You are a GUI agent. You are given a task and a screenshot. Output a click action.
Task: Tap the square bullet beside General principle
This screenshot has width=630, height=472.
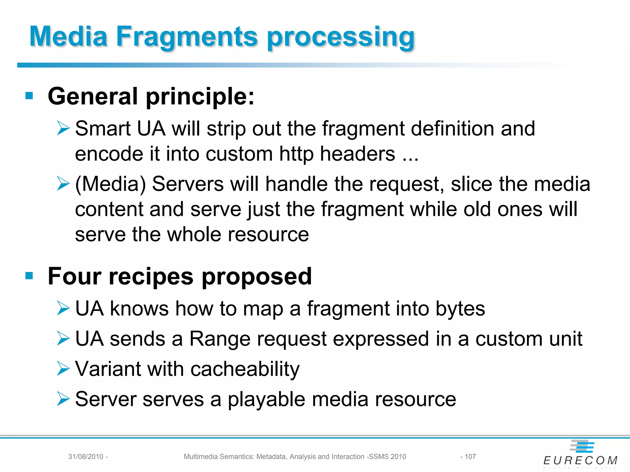(x=29, y=96)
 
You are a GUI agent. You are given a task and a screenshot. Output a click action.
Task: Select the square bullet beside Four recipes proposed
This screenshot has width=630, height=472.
(x=29, y=276)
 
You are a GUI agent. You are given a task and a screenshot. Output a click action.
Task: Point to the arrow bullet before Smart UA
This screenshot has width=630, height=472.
(x=63, y=128)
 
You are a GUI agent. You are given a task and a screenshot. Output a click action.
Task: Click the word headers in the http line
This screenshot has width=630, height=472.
(x=357, y=154)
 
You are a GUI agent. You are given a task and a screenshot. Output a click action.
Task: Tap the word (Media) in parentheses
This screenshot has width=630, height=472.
(x=110, y=184)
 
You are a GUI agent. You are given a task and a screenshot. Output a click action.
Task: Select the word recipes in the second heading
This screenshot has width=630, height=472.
(x=151, y=277)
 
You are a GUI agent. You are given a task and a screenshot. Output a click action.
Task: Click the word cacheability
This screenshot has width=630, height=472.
(x=245, y=369)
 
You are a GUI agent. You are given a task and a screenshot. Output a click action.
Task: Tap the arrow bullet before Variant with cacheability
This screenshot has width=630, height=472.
(x=63, y=368)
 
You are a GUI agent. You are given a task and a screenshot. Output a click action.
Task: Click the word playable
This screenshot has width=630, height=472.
(x=266, y=399)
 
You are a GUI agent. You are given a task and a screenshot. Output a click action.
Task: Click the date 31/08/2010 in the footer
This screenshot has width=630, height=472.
(x=86, y=457)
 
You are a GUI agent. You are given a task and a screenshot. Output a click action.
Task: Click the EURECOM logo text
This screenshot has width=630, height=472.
(x=580, y=460)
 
